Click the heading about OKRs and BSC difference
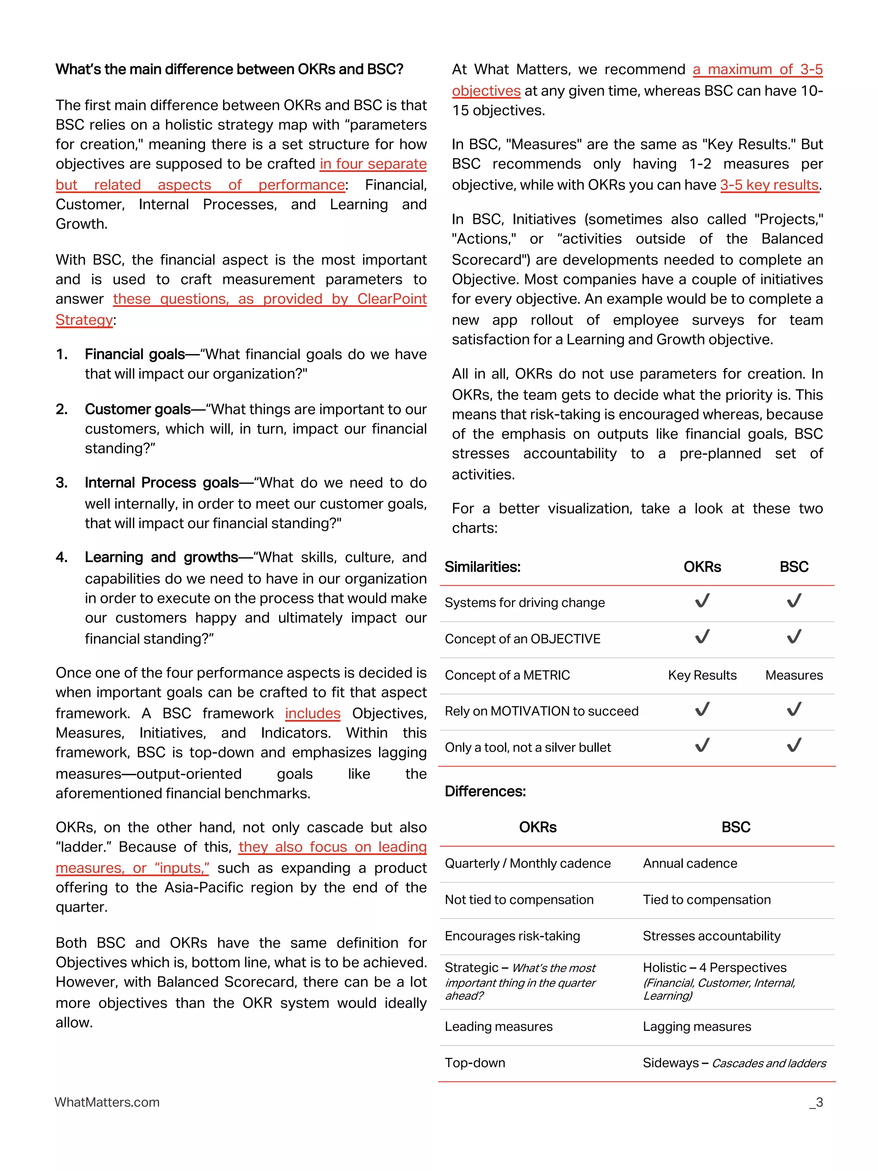[229, 69]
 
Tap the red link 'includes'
[312, 713]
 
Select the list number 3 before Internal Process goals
[62, 483]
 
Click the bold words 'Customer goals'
[138, 409]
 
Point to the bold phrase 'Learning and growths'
[161, 557]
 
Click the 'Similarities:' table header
[482, 567]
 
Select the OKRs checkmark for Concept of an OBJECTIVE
[702, 637]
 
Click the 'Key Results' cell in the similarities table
[702, 675]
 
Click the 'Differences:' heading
[485, 792]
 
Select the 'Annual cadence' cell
[690, 864]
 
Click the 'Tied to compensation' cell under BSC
[706, 900]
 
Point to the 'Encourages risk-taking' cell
[512, 936]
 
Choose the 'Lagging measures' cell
[697, 1027]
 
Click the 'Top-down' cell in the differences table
[475, 1063]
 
